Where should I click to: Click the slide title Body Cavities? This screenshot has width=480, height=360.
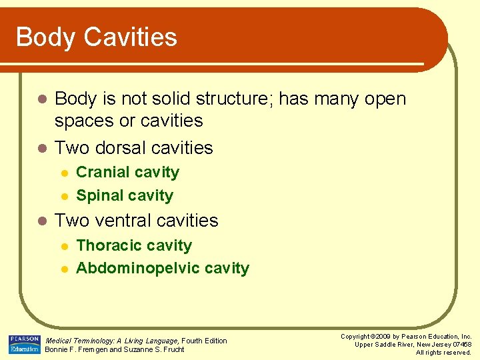pyautogui.click(x=97, y=37)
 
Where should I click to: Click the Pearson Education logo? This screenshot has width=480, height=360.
pyautogui.click(x=25, y=345)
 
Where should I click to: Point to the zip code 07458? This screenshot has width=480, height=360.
pyautogui.click(x=460, y=345)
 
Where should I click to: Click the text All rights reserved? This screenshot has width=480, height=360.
pyautogui.click(x=443, y=353)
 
